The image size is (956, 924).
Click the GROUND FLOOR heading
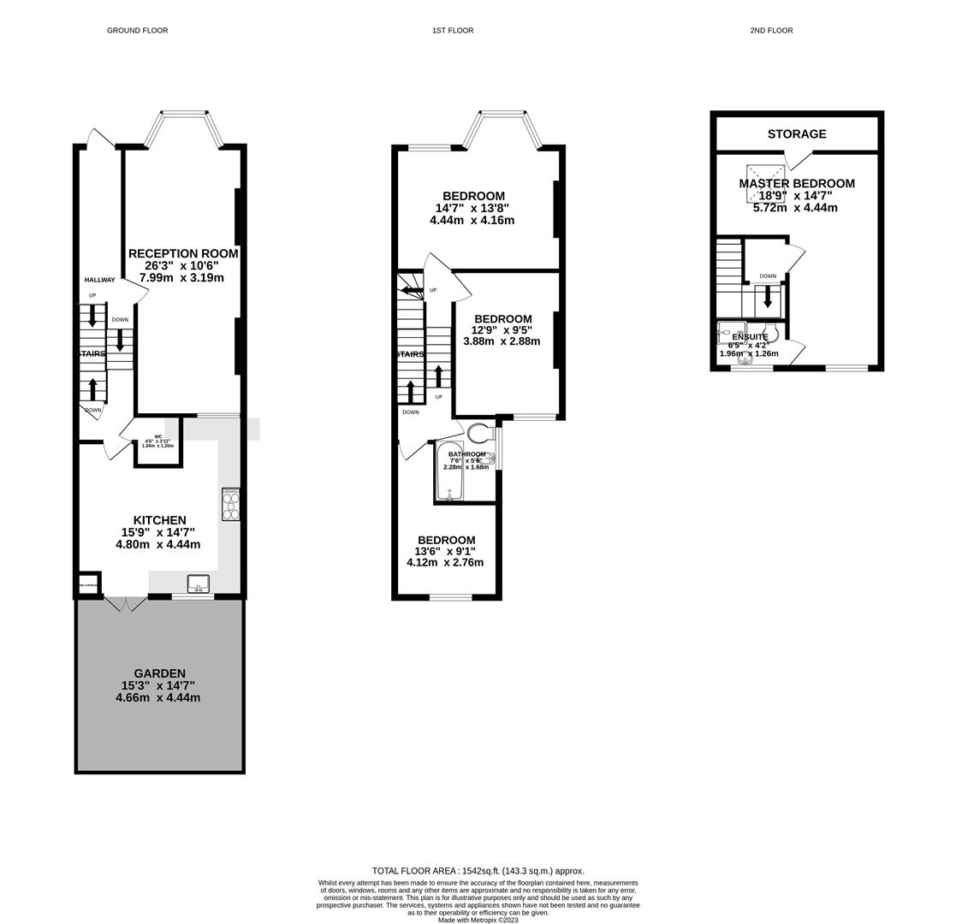137,31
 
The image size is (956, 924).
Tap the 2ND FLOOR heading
771,31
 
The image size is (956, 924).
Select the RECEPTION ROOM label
183,254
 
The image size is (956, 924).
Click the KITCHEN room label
159,520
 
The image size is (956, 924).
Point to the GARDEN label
159,674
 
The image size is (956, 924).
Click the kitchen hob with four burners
230,504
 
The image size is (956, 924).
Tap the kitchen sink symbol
198,584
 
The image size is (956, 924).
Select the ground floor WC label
158,437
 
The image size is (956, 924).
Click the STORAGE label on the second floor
797,134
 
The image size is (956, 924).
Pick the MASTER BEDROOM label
797,184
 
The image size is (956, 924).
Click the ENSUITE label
750,337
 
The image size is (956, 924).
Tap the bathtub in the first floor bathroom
448,471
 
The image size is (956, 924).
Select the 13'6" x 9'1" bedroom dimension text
444,552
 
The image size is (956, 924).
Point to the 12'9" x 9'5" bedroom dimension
502,330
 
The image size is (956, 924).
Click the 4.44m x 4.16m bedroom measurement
472,221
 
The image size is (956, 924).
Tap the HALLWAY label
99,280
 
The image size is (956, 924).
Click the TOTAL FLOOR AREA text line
478,871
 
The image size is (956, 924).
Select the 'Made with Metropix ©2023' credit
478,920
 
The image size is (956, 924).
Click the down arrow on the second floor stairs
768,297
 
